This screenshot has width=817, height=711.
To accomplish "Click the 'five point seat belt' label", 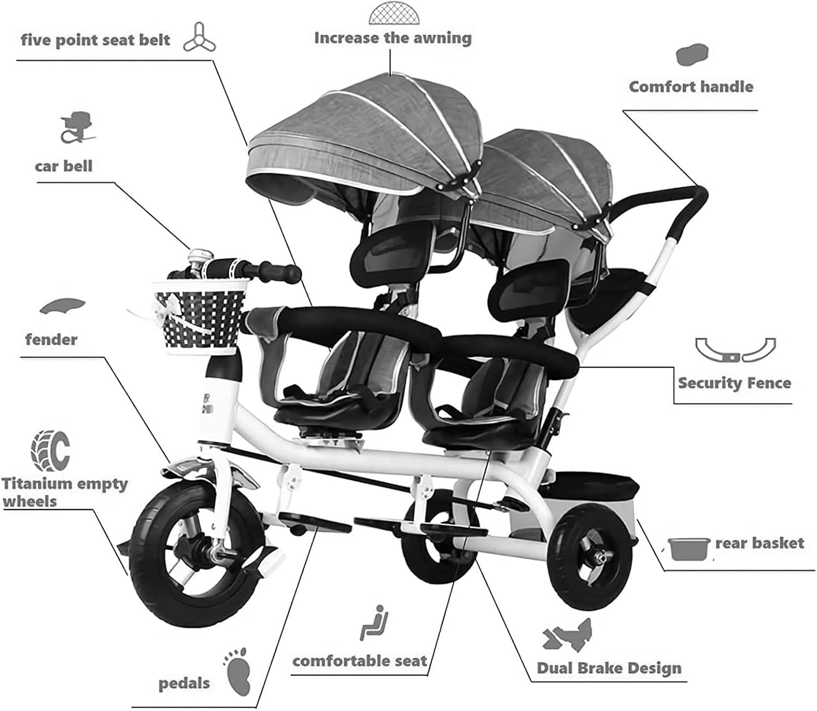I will (x=95, y=40).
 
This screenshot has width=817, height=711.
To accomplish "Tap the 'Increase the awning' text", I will (x=392, y=38).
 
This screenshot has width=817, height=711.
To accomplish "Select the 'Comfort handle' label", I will (x=691, y=87).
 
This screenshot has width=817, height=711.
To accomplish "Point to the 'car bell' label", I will (x=64, y=166).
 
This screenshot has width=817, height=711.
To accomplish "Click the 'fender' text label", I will (x=51, y=340).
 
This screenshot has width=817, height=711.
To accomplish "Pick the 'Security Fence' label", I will (x=734, y=383).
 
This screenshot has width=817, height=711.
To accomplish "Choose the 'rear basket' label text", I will (x=759, y=543).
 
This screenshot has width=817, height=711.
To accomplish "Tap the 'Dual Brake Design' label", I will (x=609, y=668).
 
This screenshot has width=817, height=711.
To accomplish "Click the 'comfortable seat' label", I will (x=359, y=661).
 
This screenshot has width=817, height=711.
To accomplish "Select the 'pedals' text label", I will (x=184, y=683).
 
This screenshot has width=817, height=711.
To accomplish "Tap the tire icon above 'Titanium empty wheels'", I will (x=51, y=451).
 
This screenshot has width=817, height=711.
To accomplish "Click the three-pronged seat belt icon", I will (x=199, y=38).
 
